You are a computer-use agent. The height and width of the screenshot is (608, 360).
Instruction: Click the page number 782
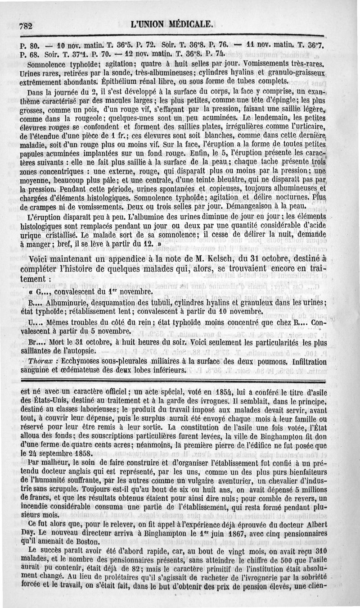click(x=27, y=26)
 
